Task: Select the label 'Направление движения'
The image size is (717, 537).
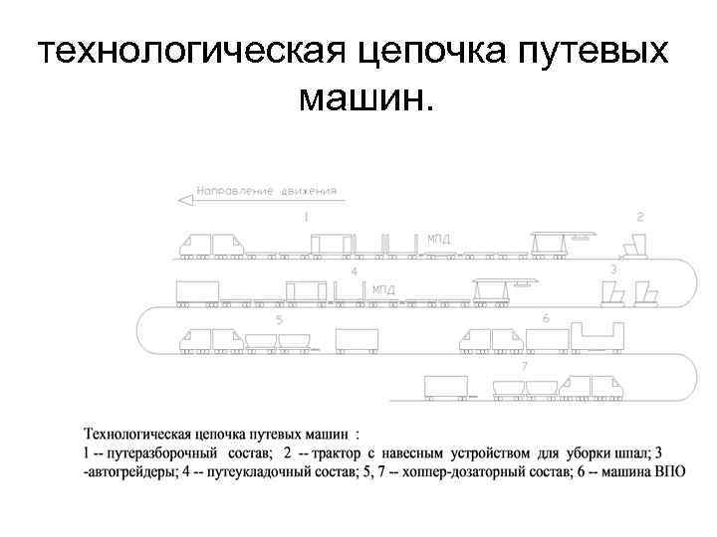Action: pos(266,190)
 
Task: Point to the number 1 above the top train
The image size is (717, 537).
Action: pos(306,216)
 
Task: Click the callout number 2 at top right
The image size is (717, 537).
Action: pos(640,216)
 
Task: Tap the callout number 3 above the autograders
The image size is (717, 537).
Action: pos(614,268)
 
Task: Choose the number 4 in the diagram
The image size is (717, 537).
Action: pos(354,270)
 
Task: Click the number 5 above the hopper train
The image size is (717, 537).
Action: pos(279,320)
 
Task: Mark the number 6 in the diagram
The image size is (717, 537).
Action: pos(545,317)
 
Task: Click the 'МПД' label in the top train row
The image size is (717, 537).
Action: pos(438,239)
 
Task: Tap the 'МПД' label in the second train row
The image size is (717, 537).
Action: pos(383,289)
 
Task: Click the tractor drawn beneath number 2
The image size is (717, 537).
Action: pos(633,246)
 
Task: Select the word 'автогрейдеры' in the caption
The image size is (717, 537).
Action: pos(124,471)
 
